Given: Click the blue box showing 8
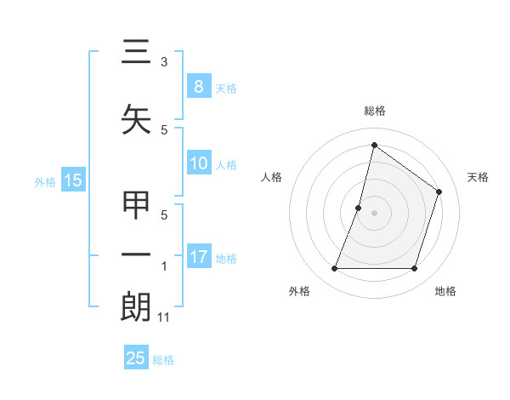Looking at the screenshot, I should [x=198, y=86].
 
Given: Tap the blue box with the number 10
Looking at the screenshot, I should [x=198, y=163].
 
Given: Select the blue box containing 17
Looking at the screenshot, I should [x=198, y=257].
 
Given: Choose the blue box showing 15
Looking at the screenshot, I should [x=73, y=180].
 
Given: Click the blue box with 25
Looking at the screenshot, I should [x=136, y=358].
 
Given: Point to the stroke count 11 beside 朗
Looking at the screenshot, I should [x=165, y=317].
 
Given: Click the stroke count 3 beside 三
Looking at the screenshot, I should [x=164, y=62].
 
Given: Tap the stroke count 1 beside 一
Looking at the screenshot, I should [x=164, y=266].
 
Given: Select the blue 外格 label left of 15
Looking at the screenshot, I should [x=45, y=181].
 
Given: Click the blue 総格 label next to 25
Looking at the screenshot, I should [x=163, y=360].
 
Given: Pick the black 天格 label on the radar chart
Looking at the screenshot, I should [x=478, y=177].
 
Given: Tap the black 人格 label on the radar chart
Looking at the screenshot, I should [x=271, y=177].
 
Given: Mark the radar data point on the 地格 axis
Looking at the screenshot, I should [x=414, y=269].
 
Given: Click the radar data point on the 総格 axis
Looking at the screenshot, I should [x=374, y=145].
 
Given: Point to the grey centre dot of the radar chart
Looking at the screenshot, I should [x=374, y=213].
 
